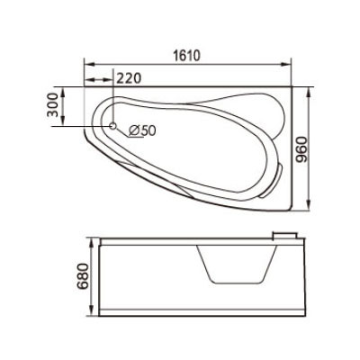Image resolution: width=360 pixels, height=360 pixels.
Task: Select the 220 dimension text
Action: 128,78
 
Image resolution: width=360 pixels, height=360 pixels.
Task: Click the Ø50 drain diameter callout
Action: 143,130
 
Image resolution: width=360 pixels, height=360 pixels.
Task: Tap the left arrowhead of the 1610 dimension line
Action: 88,65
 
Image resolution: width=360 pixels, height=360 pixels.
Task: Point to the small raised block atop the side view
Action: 287,235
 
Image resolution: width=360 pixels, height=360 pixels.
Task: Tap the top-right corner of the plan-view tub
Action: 292,87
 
